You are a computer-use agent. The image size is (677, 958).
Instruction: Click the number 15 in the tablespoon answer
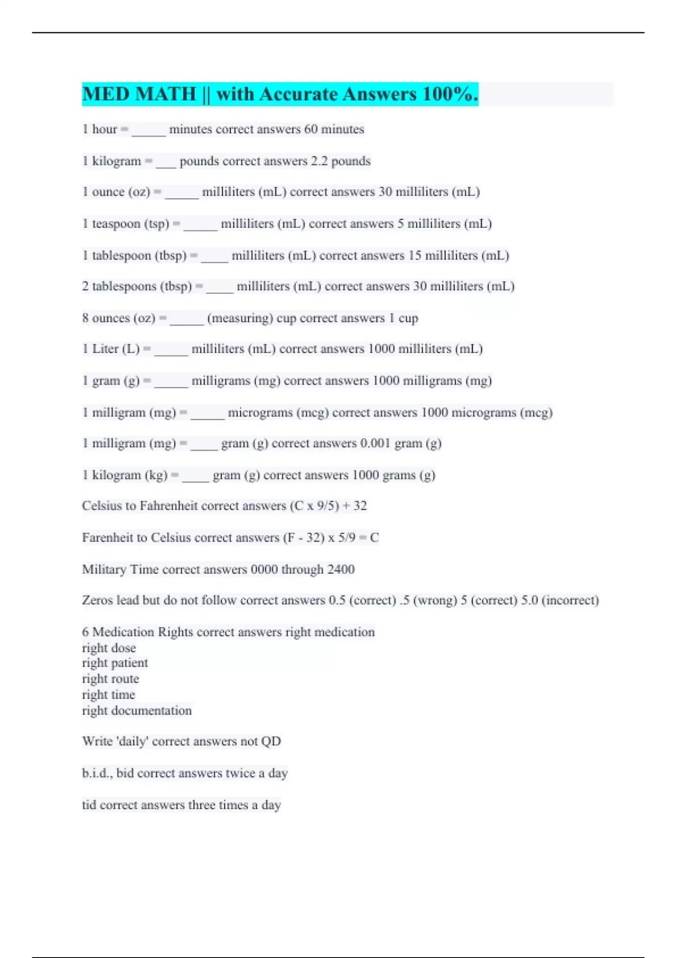click(x=415, y=255)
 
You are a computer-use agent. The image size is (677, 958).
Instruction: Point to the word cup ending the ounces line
click(x=408, y=318)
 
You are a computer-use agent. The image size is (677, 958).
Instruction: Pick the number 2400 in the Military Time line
click(x=341, y=570)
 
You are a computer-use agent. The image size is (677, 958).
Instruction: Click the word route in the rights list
click(x=125, y=679)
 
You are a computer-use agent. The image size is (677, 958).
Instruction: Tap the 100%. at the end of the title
click(x=450, y=94)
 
